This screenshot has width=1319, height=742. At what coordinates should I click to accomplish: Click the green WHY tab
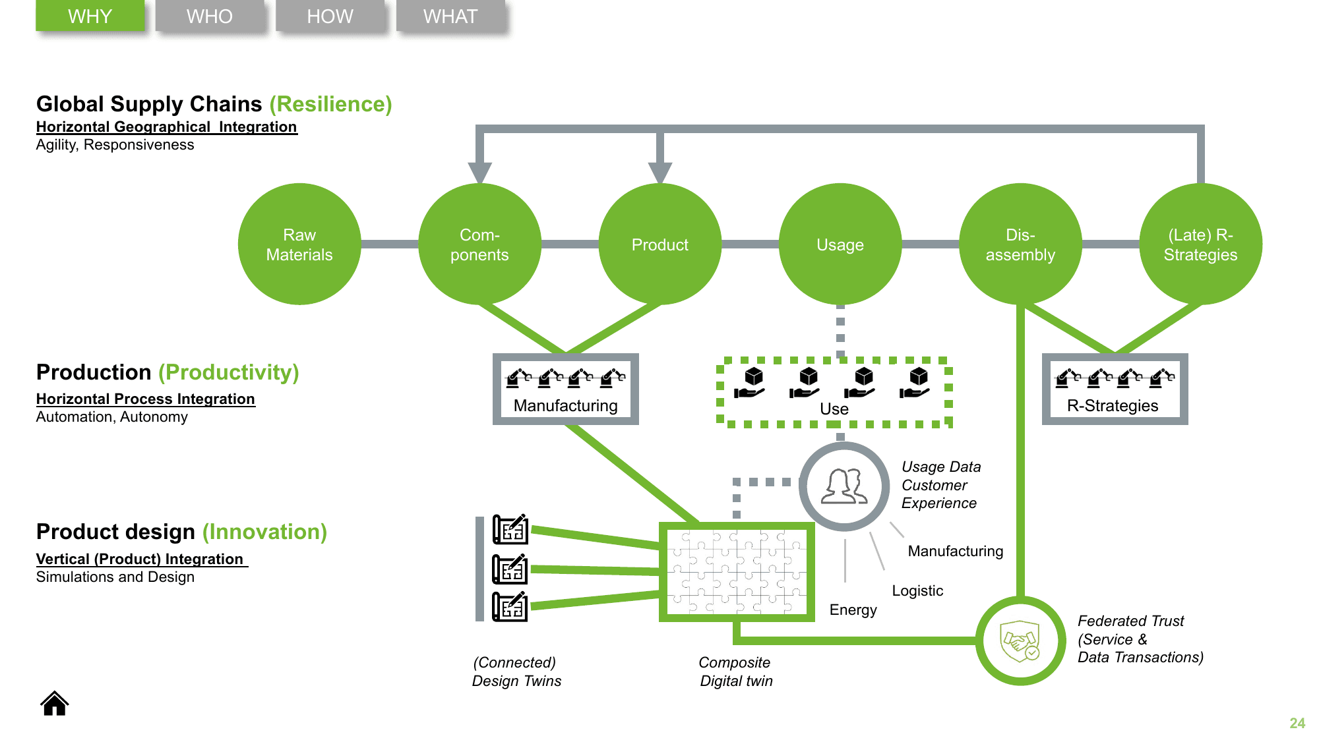tap(90, 16)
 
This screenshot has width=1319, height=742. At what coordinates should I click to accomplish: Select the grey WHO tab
tap(210, 16)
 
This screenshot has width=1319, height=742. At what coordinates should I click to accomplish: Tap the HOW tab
tap(330, 16)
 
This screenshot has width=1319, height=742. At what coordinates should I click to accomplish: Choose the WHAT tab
tap(450, 16)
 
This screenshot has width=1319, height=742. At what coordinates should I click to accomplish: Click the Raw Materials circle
tap(299, 244)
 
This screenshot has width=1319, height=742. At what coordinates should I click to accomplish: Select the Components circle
tap(479, 244)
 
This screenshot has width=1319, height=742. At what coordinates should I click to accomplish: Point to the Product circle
tap(659, 244)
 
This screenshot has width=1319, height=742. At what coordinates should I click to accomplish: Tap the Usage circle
tap(840, 244)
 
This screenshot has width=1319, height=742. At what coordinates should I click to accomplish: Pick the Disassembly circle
tap(1020, 244)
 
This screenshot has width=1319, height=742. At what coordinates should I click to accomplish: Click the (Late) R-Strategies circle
tap(1200, 244)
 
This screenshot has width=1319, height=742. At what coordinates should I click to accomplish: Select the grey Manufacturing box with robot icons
tap(566, 389)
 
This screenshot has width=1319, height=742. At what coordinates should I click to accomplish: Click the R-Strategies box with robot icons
tap(1115, 389)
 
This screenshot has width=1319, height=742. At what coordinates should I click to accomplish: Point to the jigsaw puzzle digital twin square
tap(737, 572)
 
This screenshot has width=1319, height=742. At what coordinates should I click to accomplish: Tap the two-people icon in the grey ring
tap(844, 486)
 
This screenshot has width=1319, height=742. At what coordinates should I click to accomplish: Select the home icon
tap(55, 704)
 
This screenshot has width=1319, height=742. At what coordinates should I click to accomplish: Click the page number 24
tap(1297, 723)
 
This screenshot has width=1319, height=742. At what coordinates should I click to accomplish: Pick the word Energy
tap(853, 610)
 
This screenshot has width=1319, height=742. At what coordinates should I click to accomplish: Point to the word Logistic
tap(917, 590)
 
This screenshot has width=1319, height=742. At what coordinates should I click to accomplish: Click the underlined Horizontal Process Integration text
tap(145, 399)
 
